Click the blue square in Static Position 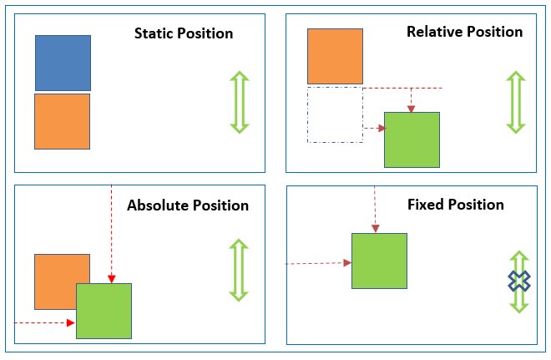pos(63,63)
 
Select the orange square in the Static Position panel pos(62,121)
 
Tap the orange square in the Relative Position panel pos(335,56)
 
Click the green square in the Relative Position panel pos(412,139)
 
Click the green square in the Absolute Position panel pos(104,311)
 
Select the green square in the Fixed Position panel pos(379,261)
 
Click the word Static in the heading pos(156,34)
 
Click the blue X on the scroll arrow pos(519,281)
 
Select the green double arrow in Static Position pos(240,102)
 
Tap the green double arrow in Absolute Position pos(240,270)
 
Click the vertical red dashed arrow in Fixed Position pos(376,209)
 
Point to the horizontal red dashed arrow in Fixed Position pos(317,263)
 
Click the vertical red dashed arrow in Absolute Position pos(111,234)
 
